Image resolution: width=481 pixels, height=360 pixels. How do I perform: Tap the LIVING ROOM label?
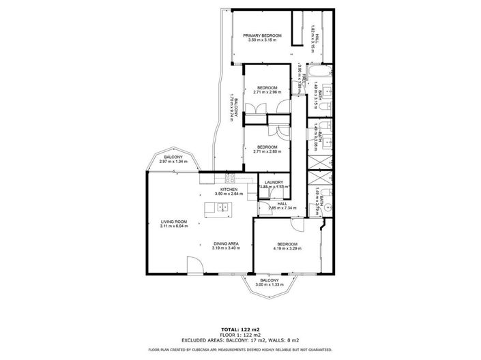click(x=173, y=222)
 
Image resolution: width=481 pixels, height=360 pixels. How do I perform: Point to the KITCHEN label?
click(x=228, y=189)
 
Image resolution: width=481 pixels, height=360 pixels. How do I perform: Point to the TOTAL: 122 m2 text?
click(x=239, y=329)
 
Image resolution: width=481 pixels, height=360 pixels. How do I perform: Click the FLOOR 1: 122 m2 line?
click(x=239, y=334)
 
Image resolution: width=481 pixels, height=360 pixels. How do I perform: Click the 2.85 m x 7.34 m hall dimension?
click(x=282, y=207)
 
